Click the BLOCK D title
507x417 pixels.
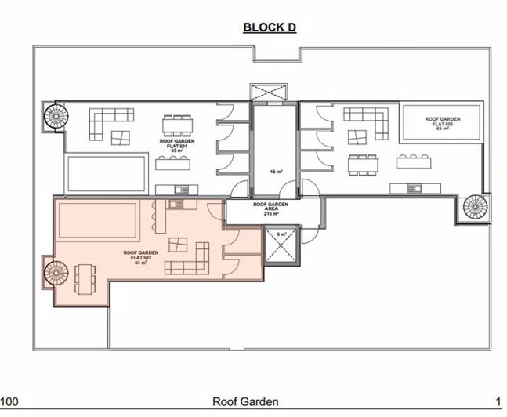269,27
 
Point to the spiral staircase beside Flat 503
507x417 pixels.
476,208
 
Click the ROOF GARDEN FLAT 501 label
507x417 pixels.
181,145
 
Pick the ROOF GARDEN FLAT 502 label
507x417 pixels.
141,257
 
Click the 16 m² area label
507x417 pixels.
274,170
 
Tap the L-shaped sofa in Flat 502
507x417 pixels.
190,259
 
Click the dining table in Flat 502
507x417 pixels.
83,277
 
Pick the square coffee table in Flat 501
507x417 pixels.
120,138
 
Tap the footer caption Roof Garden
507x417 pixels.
245,402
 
